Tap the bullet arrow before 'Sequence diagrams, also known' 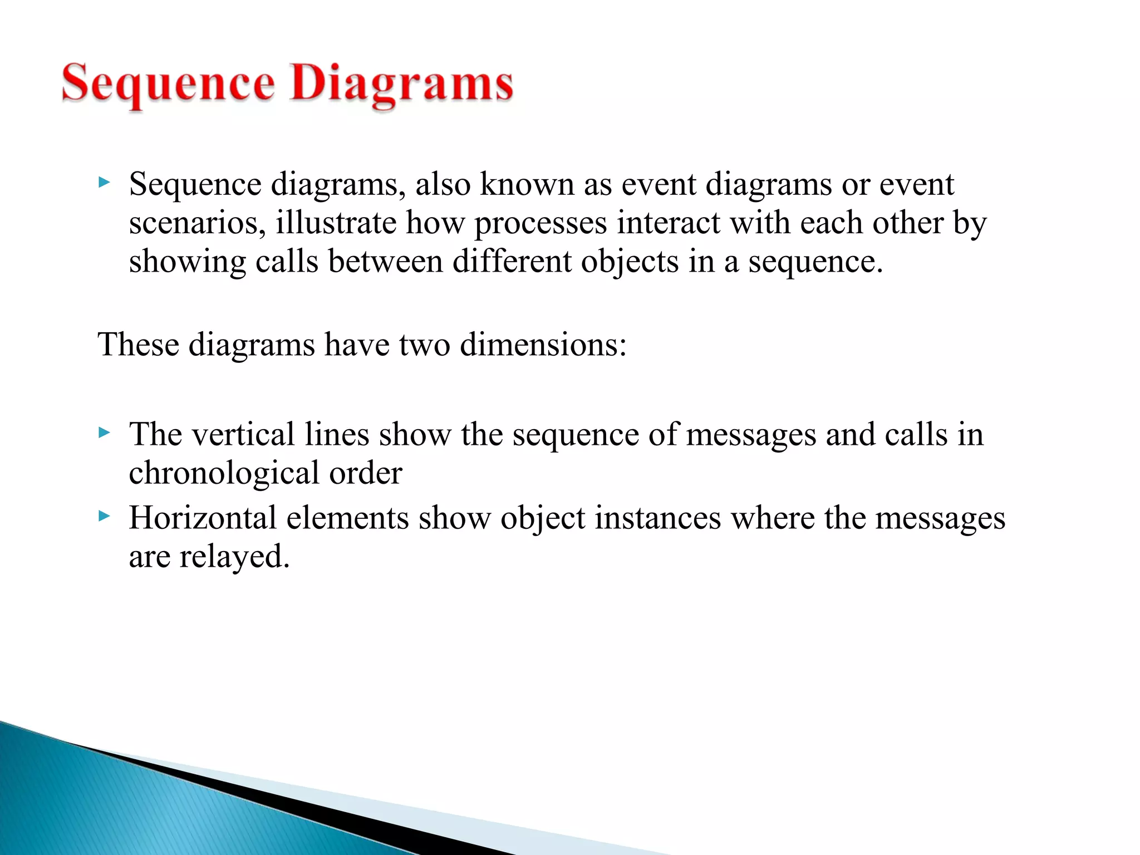click(x=104, y=182)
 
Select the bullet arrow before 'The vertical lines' click(x=104, y=433)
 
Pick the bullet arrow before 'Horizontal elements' click(x=104, y=516)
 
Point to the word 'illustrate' click(x=336, y=223)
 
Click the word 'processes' click(x=540, y=224)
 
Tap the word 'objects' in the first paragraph click(x=630, y=262)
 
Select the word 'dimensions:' click(x=543, y=344)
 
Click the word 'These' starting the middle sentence click(x=138, y=344)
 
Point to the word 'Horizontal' click(x=203, y=518)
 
